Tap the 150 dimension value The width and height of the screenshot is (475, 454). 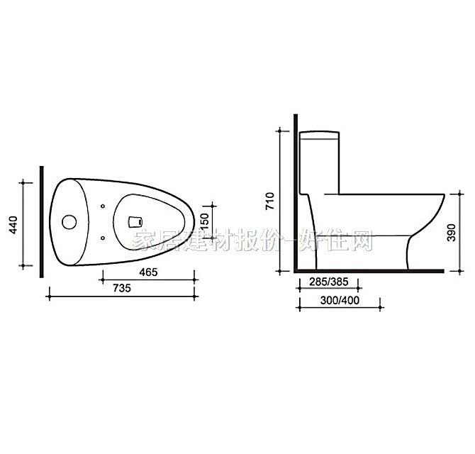click(203, 220)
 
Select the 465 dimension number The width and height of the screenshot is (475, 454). click(148, 272)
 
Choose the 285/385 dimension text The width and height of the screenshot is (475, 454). click(328, 282)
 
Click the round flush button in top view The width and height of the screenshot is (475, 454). click(69, 221)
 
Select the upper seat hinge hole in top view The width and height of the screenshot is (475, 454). click(104, 207)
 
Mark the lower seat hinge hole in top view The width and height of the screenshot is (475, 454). click(104, 237)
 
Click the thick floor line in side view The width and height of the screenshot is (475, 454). click(369, 271)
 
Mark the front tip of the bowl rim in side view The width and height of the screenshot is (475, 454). click(445, 194)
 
